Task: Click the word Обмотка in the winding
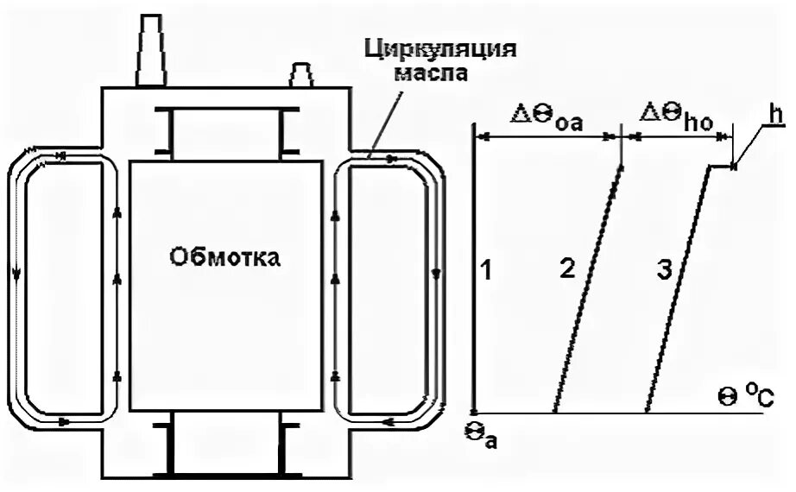click(x=225, y=256)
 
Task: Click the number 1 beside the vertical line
click(x=487, y=270)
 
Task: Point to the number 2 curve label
click(x=567, y=269)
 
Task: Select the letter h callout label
click(x=776, y=114)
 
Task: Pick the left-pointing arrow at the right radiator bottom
click(x=384, y=422)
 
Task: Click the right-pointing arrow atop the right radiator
click(x=389, y=159)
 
